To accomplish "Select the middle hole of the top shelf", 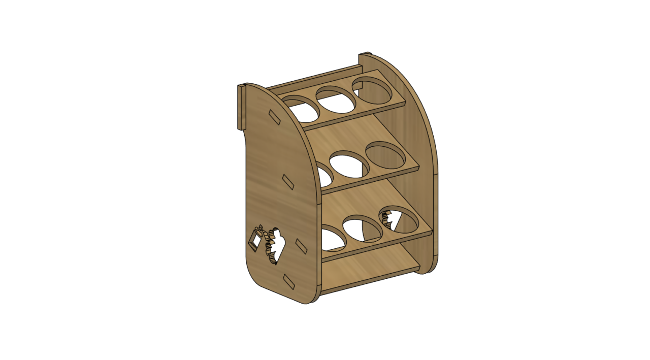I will click(x=336, y=100).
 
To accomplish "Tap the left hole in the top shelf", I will click(x=303, y=109).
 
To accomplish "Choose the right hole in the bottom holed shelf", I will click(x=400, y=219).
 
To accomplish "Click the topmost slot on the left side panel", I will click(x=274, y=117).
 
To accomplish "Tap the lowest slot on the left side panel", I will click(x=289, y=280).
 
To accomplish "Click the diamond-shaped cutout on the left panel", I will click(x=254, y=240).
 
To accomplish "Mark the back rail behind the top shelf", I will click(x=315, y=79).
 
